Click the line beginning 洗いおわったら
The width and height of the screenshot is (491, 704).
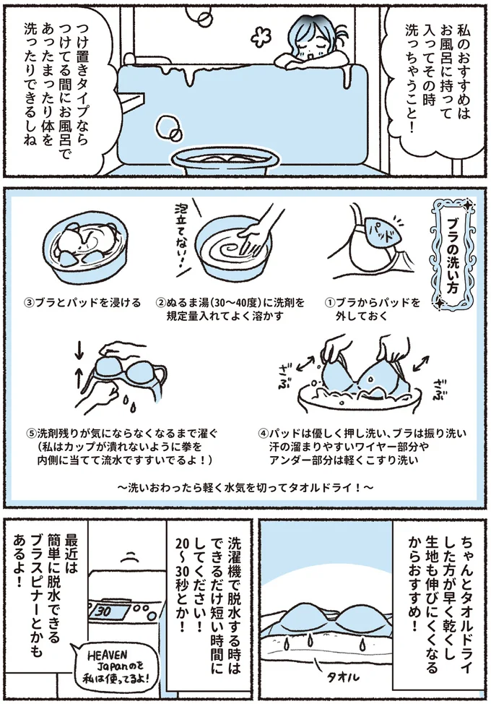245,487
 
